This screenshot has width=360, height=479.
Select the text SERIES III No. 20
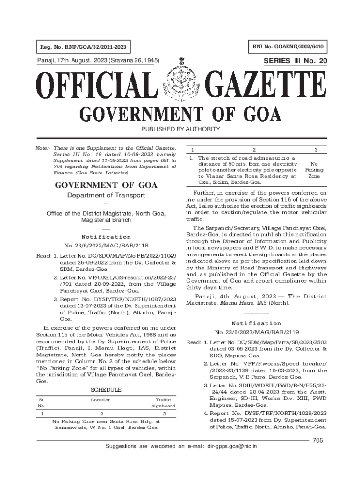(x=295, y=61)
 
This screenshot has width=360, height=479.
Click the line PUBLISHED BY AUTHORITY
(x=180, y=129)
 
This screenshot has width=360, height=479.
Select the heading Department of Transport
(x=106, y=195)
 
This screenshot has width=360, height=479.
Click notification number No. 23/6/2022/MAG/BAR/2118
(x=106, y=246)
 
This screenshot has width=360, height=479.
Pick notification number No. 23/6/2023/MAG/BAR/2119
(x=256, y=332)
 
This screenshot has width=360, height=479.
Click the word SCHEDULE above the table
(x=106, y=390)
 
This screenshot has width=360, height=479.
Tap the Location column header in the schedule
(x=101, y=400)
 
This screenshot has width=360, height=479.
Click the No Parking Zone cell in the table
(x=314, y=170)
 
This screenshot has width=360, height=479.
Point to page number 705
(x=318, y=440)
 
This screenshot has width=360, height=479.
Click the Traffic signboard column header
(x=163, y=403)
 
